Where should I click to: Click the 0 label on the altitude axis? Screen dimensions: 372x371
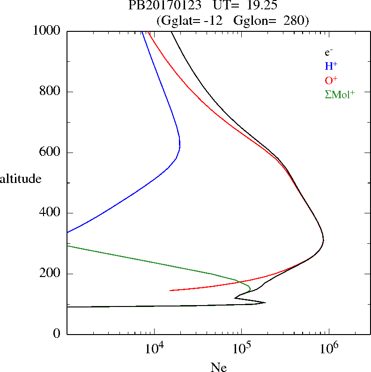click(58, 334)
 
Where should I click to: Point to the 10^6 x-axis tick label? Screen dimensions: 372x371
click(329, 349)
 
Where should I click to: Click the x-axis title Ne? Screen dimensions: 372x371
click(218, 367)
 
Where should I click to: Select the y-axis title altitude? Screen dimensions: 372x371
click(21, 179)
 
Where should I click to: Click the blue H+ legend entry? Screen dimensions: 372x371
click(331, 66)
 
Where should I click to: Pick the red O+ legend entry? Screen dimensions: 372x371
click(331, 80)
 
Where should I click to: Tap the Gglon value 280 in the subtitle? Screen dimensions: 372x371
click(297, 21)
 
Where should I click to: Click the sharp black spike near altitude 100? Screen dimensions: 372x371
click(265, 302)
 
